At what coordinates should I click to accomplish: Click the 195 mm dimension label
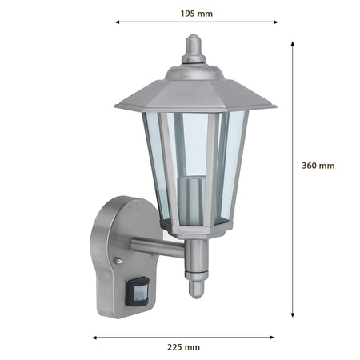click(x=197, y=13)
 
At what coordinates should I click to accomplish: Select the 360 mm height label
click(x=318, y=166)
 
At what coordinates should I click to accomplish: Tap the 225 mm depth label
click(x=185, y=347)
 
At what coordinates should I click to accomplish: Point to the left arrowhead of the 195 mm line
click(x=117, y=22)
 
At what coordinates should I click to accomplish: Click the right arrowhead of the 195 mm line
click(x=277, y=22)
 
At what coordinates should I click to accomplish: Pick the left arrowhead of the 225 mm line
click(x=94, y=338)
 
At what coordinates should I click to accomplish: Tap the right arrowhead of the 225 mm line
click(x=275, y=338)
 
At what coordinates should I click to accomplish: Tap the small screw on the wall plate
click(x=118, y=262)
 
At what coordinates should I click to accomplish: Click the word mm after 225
click(x=193, y=347)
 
